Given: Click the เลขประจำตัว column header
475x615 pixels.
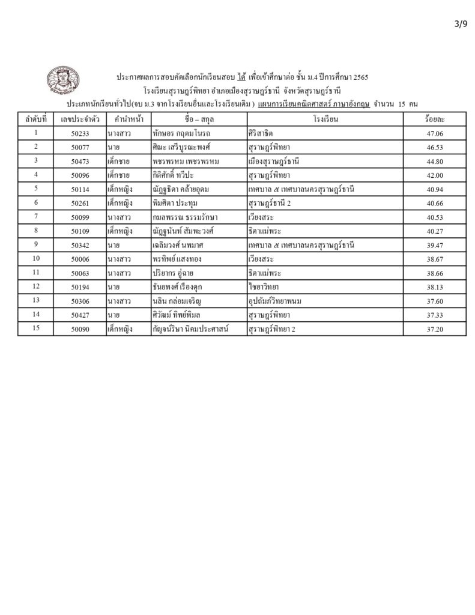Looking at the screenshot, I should [80, 120].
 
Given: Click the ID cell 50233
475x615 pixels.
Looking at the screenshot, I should [80, 133].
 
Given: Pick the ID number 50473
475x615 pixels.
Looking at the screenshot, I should [80, 162].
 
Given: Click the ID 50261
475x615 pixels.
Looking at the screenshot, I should [80, 204].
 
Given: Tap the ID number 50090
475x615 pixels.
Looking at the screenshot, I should [80, 329].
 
